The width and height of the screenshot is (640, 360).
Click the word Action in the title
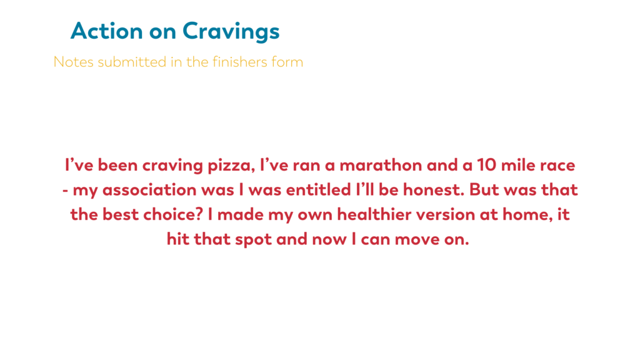pos(106,31)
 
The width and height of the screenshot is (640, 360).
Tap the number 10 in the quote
pos(486,165)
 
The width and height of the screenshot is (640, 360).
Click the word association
pos(149,190)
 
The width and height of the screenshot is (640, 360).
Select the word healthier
pos(374,214)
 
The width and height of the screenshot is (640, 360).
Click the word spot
pos(254,239)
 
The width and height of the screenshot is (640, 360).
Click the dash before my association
pos(65,191)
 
